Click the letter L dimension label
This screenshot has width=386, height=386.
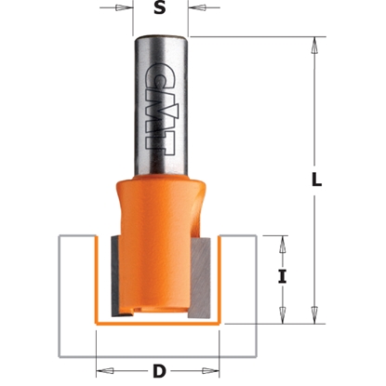pos(317,182)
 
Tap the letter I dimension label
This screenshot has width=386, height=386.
pos(281,276)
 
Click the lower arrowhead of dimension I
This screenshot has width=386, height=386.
pos(281,315)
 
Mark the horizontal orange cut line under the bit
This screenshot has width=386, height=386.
pos(158,328)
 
